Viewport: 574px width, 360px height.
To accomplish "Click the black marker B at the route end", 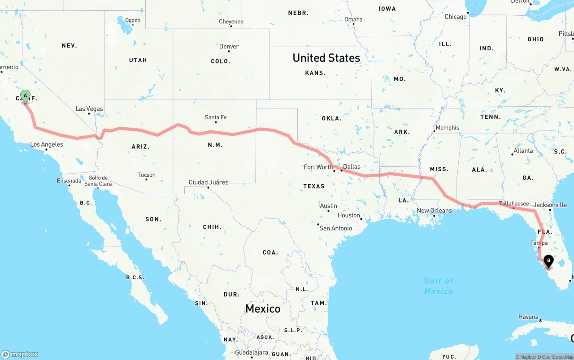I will [x=548, y=260].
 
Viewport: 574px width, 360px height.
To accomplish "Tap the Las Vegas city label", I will [x=89, y=109].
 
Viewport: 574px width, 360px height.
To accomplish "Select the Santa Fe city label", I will [x=216, y=117].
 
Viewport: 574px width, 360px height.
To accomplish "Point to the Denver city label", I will [x=229, y=47].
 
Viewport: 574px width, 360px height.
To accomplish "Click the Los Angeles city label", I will [x=47, y=144].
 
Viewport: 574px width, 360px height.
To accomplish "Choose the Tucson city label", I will [x=147, y=175].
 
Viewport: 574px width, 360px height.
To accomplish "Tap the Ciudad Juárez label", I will [x=208, y=182].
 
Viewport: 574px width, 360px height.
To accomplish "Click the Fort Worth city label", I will [x=318, y=167].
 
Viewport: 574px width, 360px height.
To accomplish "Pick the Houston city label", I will [x=349, y=215].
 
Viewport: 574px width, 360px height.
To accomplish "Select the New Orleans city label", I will [x=434, y=211].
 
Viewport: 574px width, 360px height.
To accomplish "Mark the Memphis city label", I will [x=447, y=128].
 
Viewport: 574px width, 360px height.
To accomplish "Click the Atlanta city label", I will [x=523, y=151].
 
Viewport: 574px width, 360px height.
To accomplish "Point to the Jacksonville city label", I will [x=551, y=205].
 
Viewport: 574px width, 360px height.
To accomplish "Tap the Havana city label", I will [x=528, y=317].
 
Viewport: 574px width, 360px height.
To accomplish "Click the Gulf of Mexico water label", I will [x=439, y=286].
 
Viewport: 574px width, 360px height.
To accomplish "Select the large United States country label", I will [x=326, y=58].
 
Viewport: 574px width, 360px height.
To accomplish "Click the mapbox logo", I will [x=20, y=354].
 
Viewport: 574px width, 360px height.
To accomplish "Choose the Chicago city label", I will [x=456, y=17].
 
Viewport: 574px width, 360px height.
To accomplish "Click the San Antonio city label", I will [x=335, y=228].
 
